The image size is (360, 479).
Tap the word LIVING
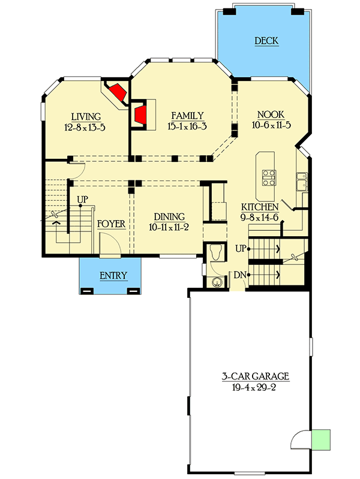85,116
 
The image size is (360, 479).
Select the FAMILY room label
187,116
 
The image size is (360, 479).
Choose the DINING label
169,217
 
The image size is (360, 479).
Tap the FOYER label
111,224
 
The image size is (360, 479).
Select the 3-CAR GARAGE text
255,376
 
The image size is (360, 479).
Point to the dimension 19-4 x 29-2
255,387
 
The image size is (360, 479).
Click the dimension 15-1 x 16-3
187,126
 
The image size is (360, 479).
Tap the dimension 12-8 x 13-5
85,127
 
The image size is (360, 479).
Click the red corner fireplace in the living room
118,93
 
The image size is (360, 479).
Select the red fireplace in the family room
141,115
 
